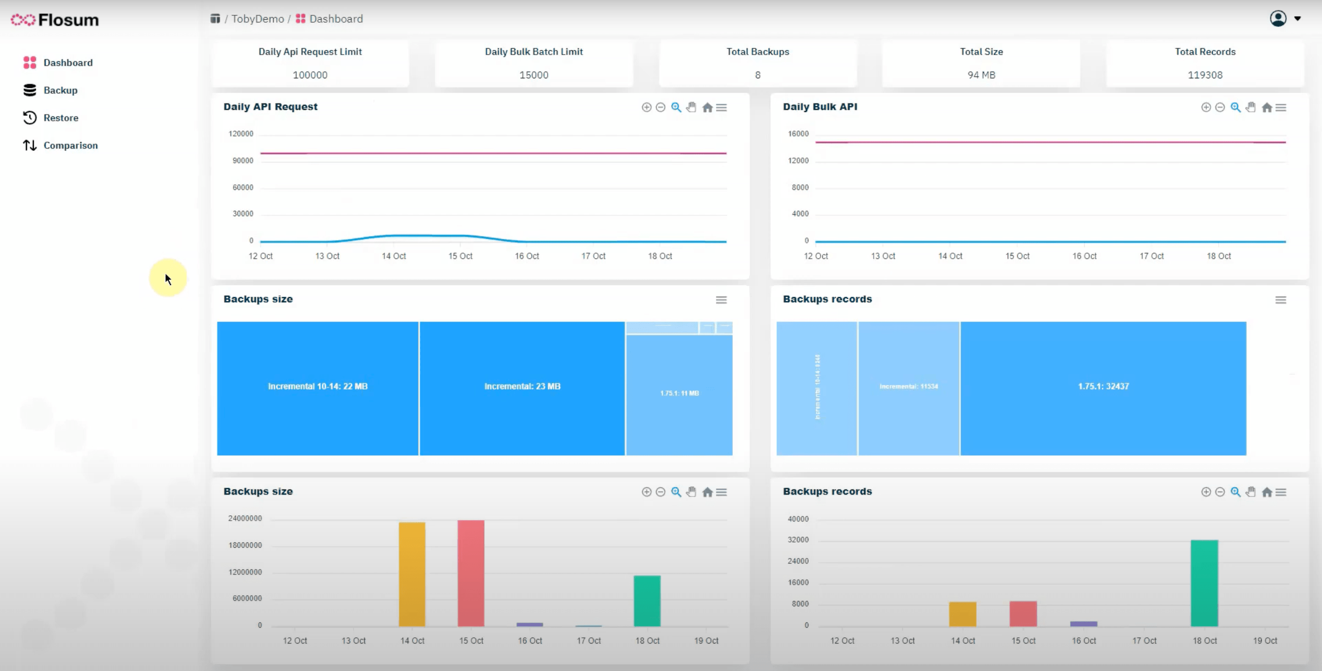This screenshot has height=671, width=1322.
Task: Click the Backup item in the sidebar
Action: point(60,91)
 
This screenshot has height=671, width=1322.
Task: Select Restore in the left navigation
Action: point(61,118)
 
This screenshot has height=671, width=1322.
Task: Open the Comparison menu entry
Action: point(70,146)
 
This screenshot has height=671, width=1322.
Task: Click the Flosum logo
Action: point(55,20)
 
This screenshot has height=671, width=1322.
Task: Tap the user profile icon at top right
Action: point(1278,18)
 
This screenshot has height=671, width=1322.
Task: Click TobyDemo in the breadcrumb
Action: point(257,19)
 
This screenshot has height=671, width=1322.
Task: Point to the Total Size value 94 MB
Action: point(981,75)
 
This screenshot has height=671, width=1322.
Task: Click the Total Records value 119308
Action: point(1204,75)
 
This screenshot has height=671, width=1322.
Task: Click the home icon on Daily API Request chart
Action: point(707,108)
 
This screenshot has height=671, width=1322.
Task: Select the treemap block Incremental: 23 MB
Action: point(522,387)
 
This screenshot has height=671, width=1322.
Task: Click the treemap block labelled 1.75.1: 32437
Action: point(1103,387)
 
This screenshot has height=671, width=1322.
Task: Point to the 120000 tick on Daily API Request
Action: point(241,134)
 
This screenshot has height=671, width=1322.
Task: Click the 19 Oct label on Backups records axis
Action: point(1265,641)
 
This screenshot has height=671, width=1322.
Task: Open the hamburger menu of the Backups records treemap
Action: point(1280,300)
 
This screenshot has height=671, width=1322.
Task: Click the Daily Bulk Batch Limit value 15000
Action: point(533,75)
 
